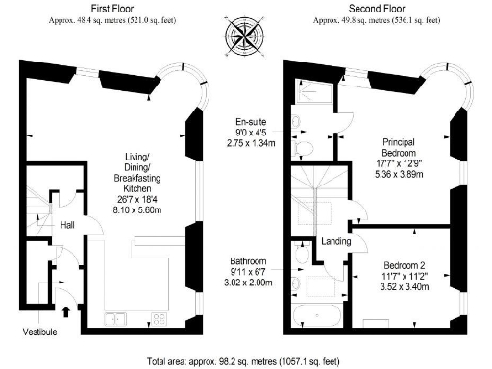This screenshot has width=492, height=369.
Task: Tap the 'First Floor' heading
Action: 100,8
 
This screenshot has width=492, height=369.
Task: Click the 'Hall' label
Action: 68,224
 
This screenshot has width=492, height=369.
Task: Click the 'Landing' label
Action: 336,240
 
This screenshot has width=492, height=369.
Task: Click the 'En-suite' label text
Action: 254,122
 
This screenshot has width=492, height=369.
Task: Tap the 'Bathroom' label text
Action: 248,260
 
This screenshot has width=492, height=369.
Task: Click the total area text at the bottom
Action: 246,362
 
